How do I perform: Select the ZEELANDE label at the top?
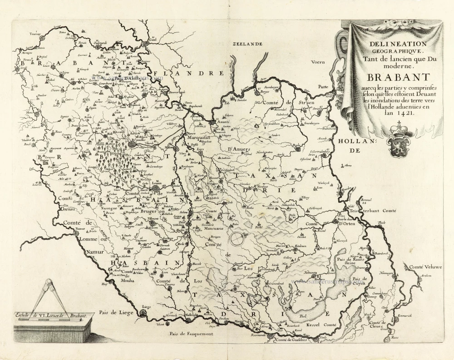248,44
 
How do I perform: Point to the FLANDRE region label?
189,73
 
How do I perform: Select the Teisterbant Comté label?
377,211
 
